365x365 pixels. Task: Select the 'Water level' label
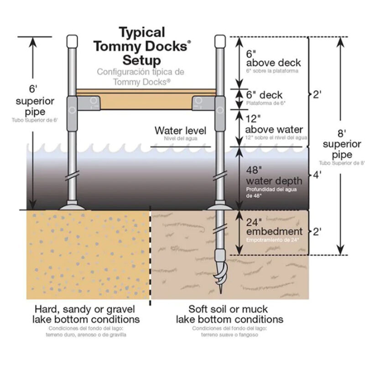click(180, 131)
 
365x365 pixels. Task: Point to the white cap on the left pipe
click(72, 42)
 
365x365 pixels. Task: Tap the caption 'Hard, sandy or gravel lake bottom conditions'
click(87, 314)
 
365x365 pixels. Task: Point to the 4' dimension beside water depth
click(315, 174)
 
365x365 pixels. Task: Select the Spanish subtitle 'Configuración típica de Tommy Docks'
click(141, 76)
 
